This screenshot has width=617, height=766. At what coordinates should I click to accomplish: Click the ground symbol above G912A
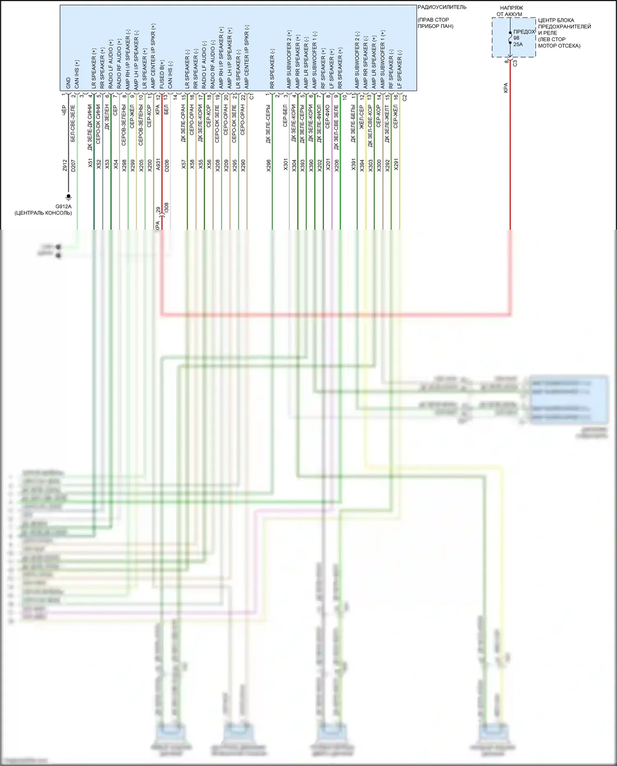(69, 197)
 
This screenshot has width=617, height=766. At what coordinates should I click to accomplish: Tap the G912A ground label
(63, 207)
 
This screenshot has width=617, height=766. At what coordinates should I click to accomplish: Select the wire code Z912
(65, 165)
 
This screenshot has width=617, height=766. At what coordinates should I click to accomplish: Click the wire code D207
(73, 165)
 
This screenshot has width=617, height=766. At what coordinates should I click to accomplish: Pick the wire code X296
(269, 165)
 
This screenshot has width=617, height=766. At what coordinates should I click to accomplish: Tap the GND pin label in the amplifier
(68, 83)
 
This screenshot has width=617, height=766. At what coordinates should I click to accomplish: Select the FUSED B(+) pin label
(162, 74)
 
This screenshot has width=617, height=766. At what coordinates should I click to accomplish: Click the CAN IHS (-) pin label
(170, 75)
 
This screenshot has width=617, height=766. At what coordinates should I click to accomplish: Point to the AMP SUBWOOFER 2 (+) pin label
(289, 59)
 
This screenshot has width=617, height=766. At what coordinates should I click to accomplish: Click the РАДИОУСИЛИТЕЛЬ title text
(442, 7)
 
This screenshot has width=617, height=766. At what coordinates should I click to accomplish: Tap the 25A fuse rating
(518, 44)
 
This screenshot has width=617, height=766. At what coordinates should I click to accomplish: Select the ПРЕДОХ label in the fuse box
(524, 32)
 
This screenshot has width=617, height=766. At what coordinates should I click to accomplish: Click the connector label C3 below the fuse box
(515, 63)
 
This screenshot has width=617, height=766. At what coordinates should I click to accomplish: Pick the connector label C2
(404, 98)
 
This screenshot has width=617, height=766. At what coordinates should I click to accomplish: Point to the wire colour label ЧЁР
(64, 110)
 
